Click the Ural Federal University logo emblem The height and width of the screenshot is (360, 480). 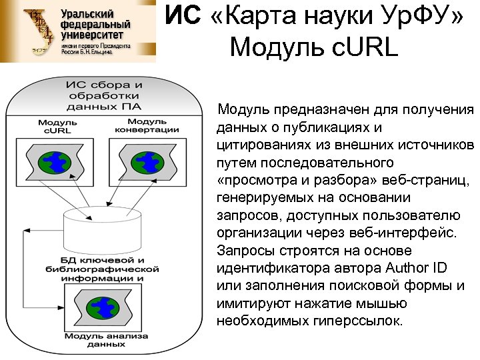click(x=37, y=31)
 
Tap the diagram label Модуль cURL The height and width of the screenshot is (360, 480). click(x=57, y=127)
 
